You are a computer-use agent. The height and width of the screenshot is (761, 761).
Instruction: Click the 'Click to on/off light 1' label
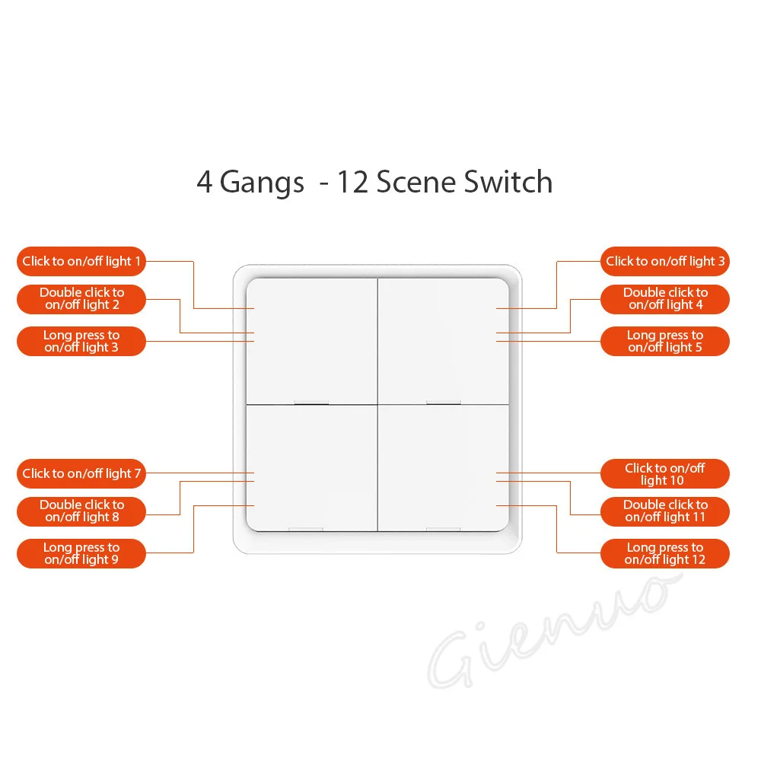tap(81, 261)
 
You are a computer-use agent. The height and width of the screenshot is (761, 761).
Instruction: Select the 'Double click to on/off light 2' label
tap(81, 298)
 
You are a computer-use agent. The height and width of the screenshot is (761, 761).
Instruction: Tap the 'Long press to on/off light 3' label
tap(81, 341)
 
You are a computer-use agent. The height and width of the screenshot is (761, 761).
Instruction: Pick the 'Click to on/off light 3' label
tap(665, 261)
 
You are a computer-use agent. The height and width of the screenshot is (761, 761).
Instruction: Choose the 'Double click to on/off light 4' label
tap(665, 298)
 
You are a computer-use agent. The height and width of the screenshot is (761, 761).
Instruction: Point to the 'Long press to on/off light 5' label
tap(665, 341)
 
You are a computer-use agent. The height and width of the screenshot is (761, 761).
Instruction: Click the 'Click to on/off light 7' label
tap(81, 473)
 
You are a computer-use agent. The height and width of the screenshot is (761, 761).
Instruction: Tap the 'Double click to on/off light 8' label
tap(81, 511)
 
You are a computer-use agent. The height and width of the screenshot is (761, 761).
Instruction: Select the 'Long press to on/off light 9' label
tap(81, 553)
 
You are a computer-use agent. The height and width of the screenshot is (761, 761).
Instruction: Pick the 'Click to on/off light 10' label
tap(665, 473)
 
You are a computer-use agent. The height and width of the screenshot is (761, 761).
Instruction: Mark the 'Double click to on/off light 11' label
tap(665, 511)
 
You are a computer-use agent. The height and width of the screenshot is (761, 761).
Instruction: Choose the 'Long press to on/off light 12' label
tap(665, 553)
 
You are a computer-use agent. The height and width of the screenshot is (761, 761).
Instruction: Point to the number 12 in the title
tap(353, 183)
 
